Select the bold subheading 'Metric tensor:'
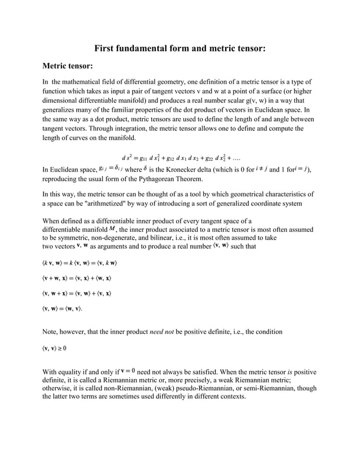(x=68, y=67)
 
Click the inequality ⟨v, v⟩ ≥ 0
(x=55, y=348)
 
